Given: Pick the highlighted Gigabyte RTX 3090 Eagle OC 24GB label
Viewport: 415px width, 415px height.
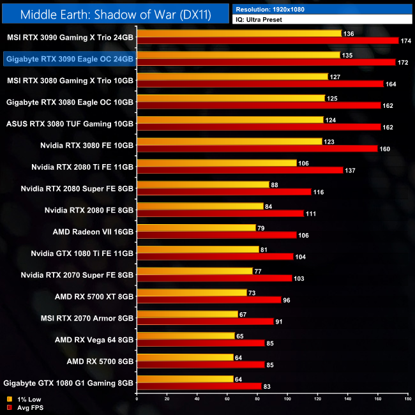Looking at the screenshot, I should pos(68,59).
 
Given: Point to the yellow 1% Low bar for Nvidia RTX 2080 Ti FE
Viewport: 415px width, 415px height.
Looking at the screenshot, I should pos(216,163).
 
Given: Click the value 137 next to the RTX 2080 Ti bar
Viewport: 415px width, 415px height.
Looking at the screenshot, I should pos(350,170).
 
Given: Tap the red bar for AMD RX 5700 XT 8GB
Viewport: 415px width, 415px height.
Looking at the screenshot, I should pos(209,300).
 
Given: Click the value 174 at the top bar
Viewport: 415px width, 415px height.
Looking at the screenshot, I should pos(405,41).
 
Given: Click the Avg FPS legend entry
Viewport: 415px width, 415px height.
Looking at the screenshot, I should pos(25,408).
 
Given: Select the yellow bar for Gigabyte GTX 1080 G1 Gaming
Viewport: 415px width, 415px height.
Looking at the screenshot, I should pos(185,379).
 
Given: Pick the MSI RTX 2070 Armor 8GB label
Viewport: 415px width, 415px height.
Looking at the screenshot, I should pos(94,318).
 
